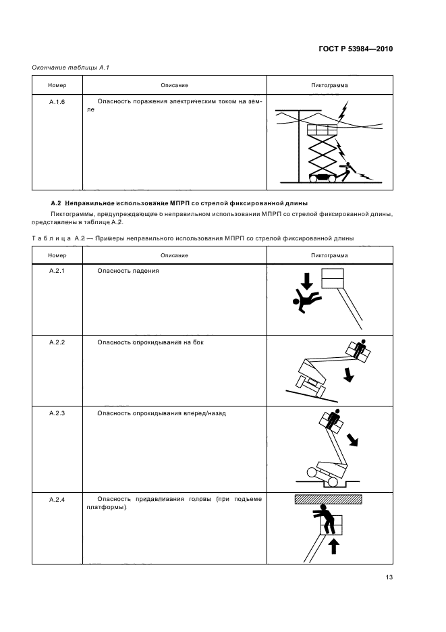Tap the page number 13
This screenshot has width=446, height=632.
[388, 577]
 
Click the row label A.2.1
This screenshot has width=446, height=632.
[57, 270]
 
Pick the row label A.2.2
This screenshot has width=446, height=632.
[57, 342]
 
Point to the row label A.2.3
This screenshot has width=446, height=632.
[57, 413]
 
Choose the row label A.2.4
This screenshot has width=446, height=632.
[57, 500]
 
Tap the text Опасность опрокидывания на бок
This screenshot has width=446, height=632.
[150, 342]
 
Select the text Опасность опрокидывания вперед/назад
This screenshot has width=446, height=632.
[161, 413]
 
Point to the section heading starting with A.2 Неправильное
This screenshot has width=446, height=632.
[179, 203]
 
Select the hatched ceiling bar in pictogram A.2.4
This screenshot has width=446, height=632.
[328, 499]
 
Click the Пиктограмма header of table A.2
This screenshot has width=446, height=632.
[329, 255]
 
